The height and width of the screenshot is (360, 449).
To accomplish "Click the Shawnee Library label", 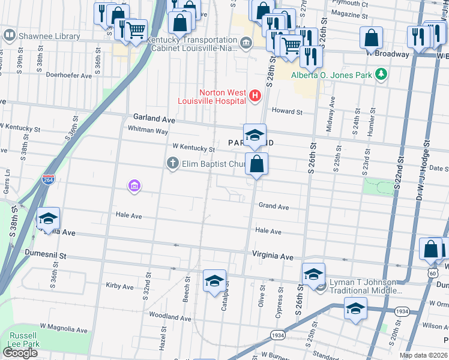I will [49, 36].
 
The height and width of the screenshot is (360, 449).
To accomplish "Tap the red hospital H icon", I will [255, 95].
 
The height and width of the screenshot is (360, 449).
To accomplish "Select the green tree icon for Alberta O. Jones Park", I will [379, 74].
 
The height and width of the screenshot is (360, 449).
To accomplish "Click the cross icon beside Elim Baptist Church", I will [173, 163].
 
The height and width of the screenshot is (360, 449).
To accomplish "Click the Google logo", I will [20, 353].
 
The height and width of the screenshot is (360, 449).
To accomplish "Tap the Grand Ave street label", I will [274, 206].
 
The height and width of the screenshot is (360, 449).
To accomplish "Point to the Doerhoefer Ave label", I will [69, 76].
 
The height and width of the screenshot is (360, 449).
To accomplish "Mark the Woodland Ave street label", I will [170, 316].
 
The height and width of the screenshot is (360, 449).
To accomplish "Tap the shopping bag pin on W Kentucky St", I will [256, 164].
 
